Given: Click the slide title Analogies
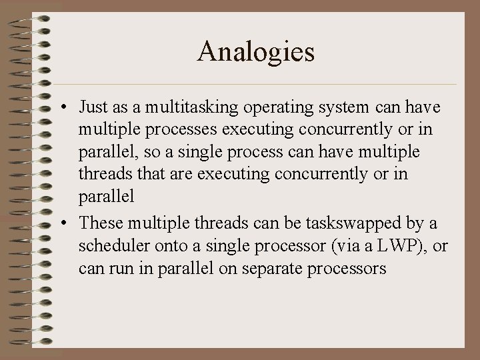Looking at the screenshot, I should tap(255, 52).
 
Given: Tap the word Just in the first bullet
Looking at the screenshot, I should tap(93, 107).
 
